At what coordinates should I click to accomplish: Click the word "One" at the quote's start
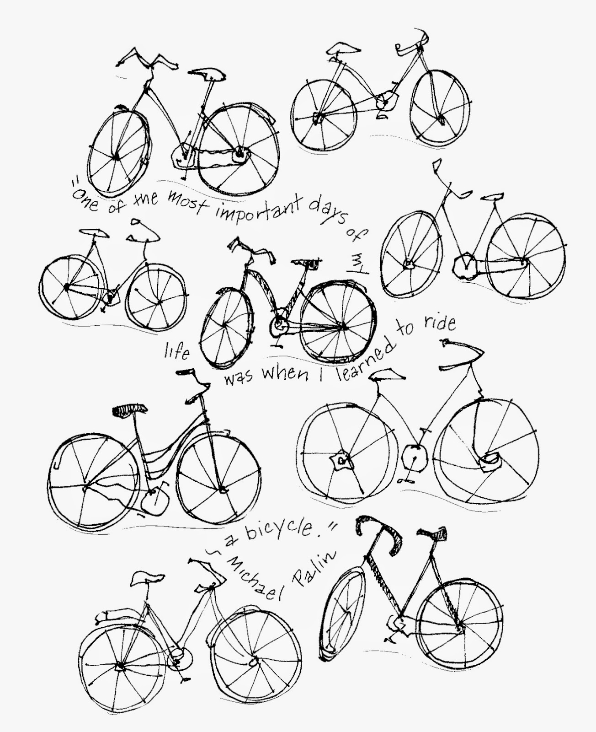(85, 200)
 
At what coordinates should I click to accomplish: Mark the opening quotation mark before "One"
(75, 182)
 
